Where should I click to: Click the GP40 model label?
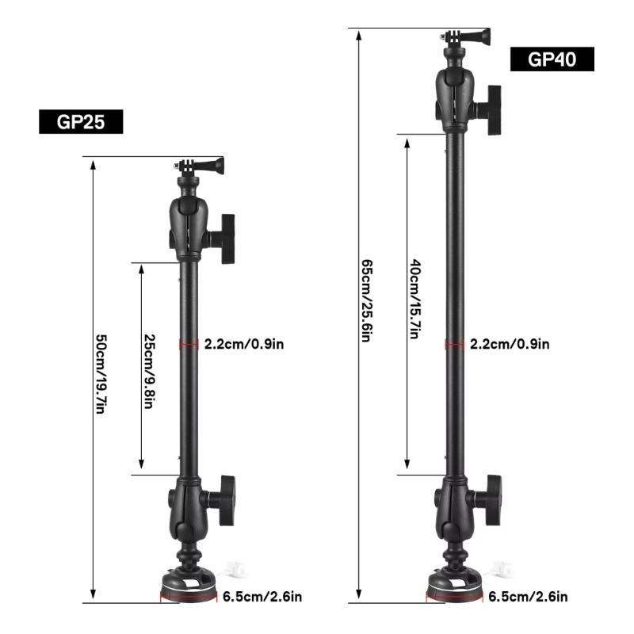click(552, 59)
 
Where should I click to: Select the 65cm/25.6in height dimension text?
click(366, 301)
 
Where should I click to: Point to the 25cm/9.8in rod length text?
click(148, 368)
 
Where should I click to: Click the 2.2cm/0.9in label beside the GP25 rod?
click(244, 344)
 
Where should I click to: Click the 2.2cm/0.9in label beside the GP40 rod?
click(509, 344)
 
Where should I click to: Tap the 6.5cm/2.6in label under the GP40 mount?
click(528, 596)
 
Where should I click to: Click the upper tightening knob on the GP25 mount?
click(227, 239)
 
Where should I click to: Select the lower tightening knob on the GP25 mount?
click(226, 499)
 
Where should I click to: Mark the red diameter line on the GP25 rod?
click(188, 344)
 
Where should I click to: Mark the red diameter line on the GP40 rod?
click(454, 344)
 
